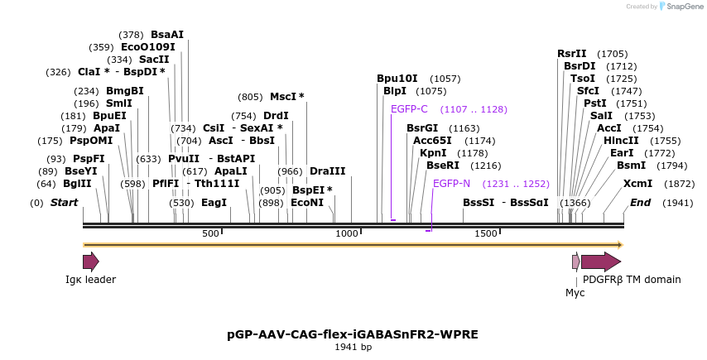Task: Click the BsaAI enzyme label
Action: click(167, 35)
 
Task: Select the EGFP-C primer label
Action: click(409, 109)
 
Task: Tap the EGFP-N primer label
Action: click(451, 184)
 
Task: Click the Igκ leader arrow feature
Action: click(90, 262)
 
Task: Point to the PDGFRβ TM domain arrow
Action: click(600, 262)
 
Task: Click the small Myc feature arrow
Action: click(575, 262)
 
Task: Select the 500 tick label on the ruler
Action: click(210, 234)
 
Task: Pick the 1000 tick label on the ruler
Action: click(347, 234)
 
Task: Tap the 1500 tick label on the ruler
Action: click(485, 234)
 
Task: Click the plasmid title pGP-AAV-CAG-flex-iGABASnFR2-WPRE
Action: click(353, 334)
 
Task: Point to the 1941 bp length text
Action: click(353, 348)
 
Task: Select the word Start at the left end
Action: click(64, 203)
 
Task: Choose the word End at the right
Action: click(640, 203)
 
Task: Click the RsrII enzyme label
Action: click(571, 54)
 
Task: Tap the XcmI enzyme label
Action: click(637, 184)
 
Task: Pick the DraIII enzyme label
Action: click(328, 171)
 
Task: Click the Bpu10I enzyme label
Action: click(397, 79)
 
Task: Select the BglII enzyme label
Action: click(77, 184)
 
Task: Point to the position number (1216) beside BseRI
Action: click(486, 166)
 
